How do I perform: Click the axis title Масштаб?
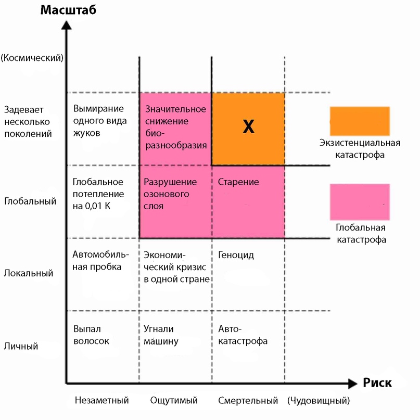68,10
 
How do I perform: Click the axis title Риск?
377,383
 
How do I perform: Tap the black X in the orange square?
248,126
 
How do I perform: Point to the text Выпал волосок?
91,335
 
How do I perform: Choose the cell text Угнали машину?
161,335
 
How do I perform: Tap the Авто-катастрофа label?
243,335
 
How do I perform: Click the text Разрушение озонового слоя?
170,194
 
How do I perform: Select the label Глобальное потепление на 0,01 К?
98,194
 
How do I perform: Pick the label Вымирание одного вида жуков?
100,121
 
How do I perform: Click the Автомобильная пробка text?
101,261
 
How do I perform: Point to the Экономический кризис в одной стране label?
176,267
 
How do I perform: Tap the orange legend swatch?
360,121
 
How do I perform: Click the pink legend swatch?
360,202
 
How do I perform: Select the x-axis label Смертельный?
248,401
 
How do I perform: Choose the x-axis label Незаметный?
102,400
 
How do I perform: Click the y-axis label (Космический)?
32,58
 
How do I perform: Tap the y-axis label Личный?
21,346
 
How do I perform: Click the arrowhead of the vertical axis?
67,25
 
